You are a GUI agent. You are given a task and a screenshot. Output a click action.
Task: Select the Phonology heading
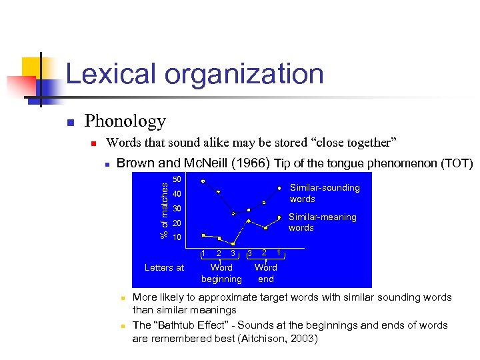click(x=125, y=121)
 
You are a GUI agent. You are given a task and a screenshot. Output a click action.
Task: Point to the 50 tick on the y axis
click(x=177, y=179)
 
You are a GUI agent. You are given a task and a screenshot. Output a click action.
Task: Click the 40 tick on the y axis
click(x=177, y=194)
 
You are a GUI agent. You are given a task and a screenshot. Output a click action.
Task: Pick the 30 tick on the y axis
click(x=177, y=209)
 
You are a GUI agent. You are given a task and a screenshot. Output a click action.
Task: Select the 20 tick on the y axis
click(x=177, y=223)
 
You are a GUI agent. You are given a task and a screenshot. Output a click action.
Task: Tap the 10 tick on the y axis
click(x=177, y=238)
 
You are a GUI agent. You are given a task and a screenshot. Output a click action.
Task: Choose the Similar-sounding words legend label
click(x=324, y=193)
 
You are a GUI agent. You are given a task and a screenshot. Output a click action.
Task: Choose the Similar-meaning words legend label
click(x=322, y=222)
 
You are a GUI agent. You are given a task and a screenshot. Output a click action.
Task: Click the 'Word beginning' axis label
click(x=221, y=273)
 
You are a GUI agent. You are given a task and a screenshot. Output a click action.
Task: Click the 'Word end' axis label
click(x=265, y=273)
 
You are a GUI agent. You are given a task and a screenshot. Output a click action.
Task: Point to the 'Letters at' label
click(x=164, y=268)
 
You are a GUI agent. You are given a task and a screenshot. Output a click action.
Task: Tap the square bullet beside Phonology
click(x=69, y=123)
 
